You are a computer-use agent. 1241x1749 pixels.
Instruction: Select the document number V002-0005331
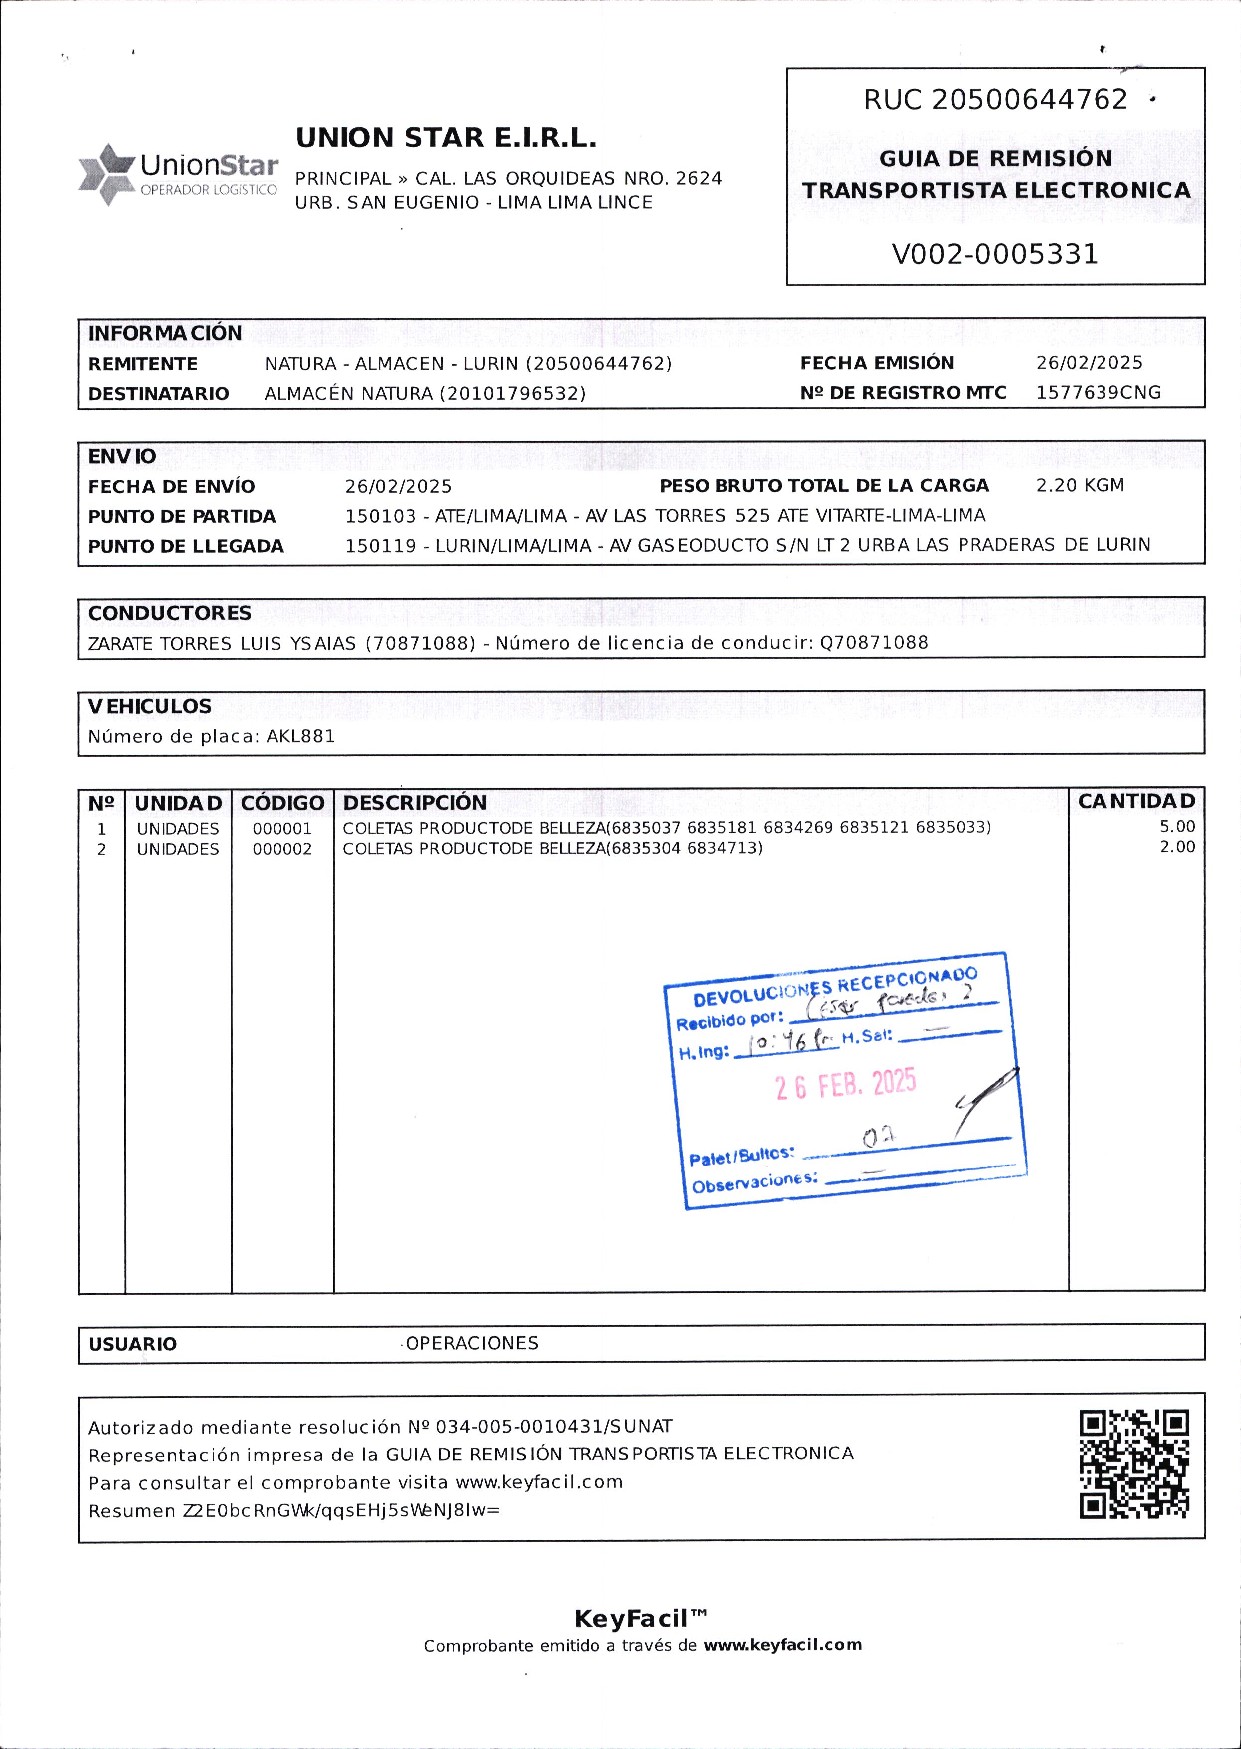tap(994, 254)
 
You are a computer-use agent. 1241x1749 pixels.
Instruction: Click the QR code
tap(1134, 1463)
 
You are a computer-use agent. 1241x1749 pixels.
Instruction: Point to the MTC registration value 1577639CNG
tap(1098, 393)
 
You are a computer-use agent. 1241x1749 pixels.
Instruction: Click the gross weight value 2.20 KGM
tap(1080, 486)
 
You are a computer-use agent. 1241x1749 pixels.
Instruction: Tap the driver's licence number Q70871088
tap(873, 643)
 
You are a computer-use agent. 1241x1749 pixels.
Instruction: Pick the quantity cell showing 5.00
tap(1177, 827)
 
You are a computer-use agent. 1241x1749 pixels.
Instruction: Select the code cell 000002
tap(282, 849)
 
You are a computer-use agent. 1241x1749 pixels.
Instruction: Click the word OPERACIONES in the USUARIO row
tap(471, 1343)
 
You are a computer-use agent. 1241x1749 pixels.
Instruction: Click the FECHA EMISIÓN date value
tap(1089, 363)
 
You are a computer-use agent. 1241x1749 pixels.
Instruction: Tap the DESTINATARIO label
tap(158, 394)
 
